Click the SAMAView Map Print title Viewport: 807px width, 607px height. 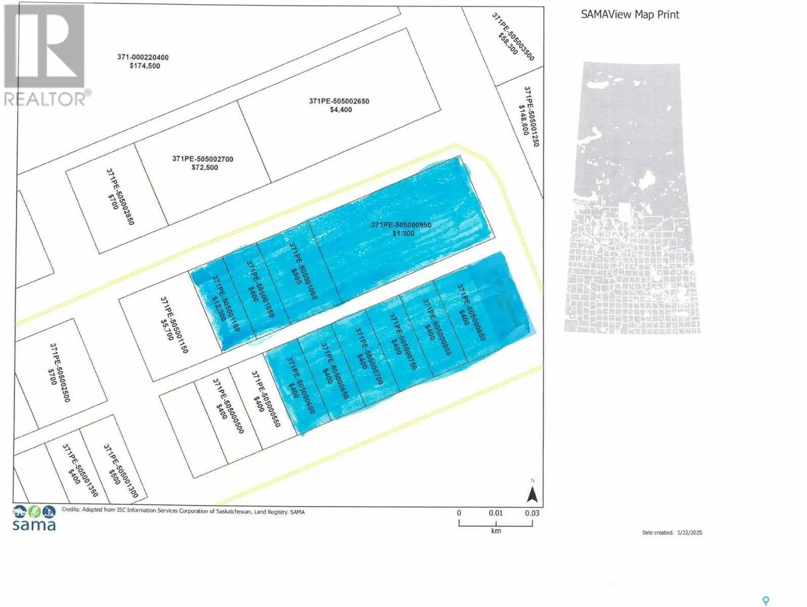point(630,14)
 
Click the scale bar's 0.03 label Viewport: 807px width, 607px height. point(532,513)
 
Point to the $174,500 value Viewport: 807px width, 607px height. point(145,66)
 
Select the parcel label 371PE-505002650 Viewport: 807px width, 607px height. point(339,101)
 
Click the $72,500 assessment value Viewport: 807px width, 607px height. point(205,167)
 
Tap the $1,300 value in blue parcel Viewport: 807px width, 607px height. point(403,234)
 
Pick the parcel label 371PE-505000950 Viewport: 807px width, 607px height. point(401,225)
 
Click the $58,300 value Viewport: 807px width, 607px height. point(508,44)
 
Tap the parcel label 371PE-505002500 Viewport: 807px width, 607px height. point(60,372)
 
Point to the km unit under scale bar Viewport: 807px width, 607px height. point(496,531)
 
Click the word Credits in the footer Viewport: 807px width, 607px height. point(70,510)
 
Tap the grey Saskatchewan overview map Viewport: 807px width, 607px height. point(632,197)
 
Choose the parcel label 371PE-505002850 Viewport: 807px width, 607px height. point(120,196)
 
